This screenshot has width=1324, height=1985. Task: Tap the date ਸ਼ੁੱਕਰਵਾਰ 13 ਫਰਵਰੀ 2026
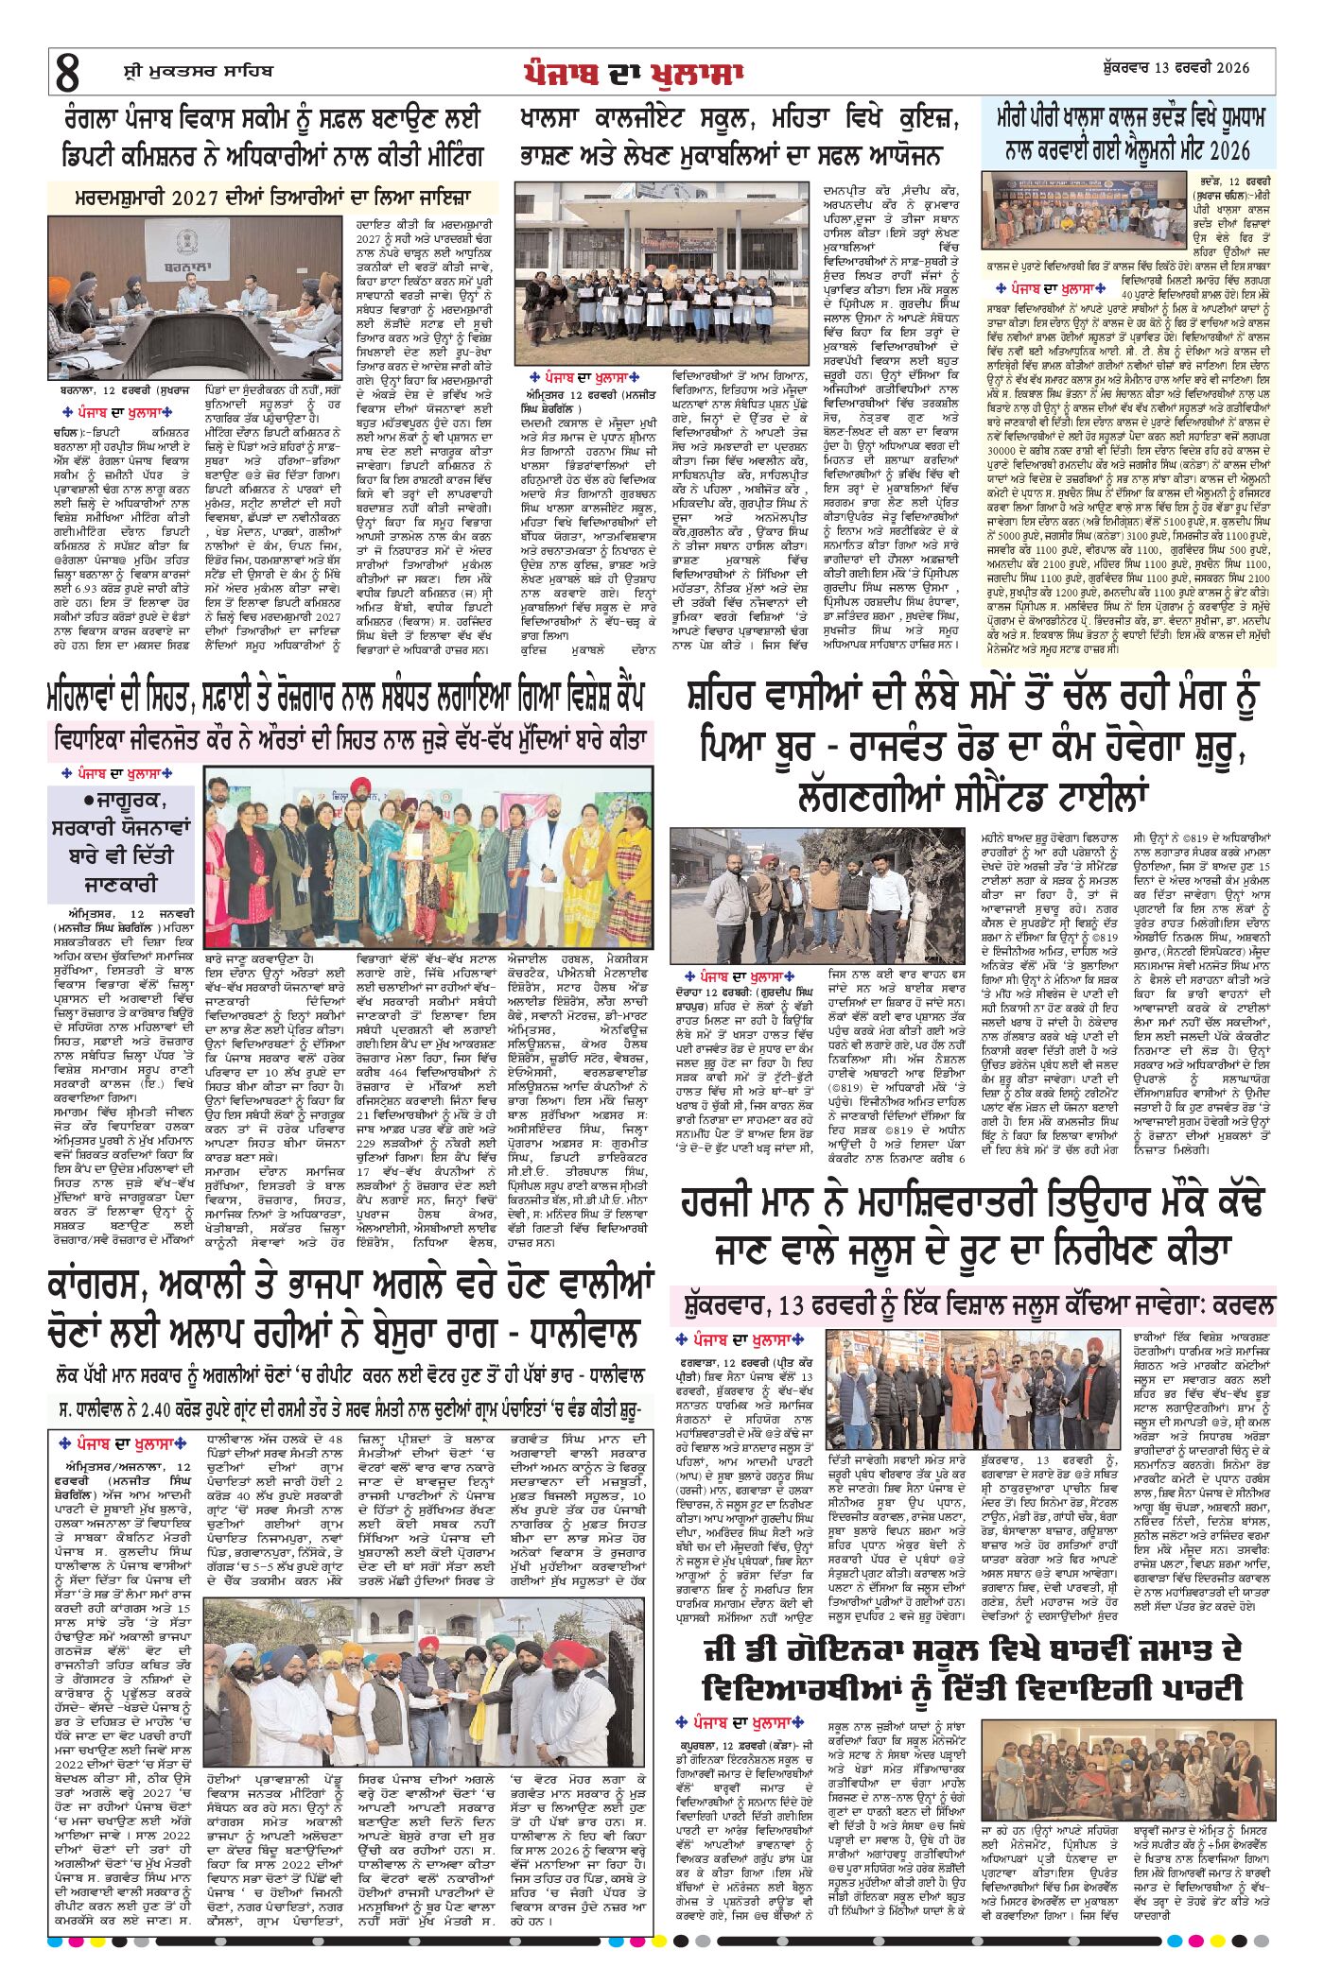[x=1176, y=68]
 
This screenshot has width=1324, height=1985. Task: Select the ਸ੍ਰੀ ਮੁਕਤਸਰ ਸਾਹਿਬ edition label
[x=198, y=70]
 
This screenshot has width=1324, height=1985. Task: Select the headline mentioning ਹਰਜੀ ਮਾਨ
[x=970, y=1227]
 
